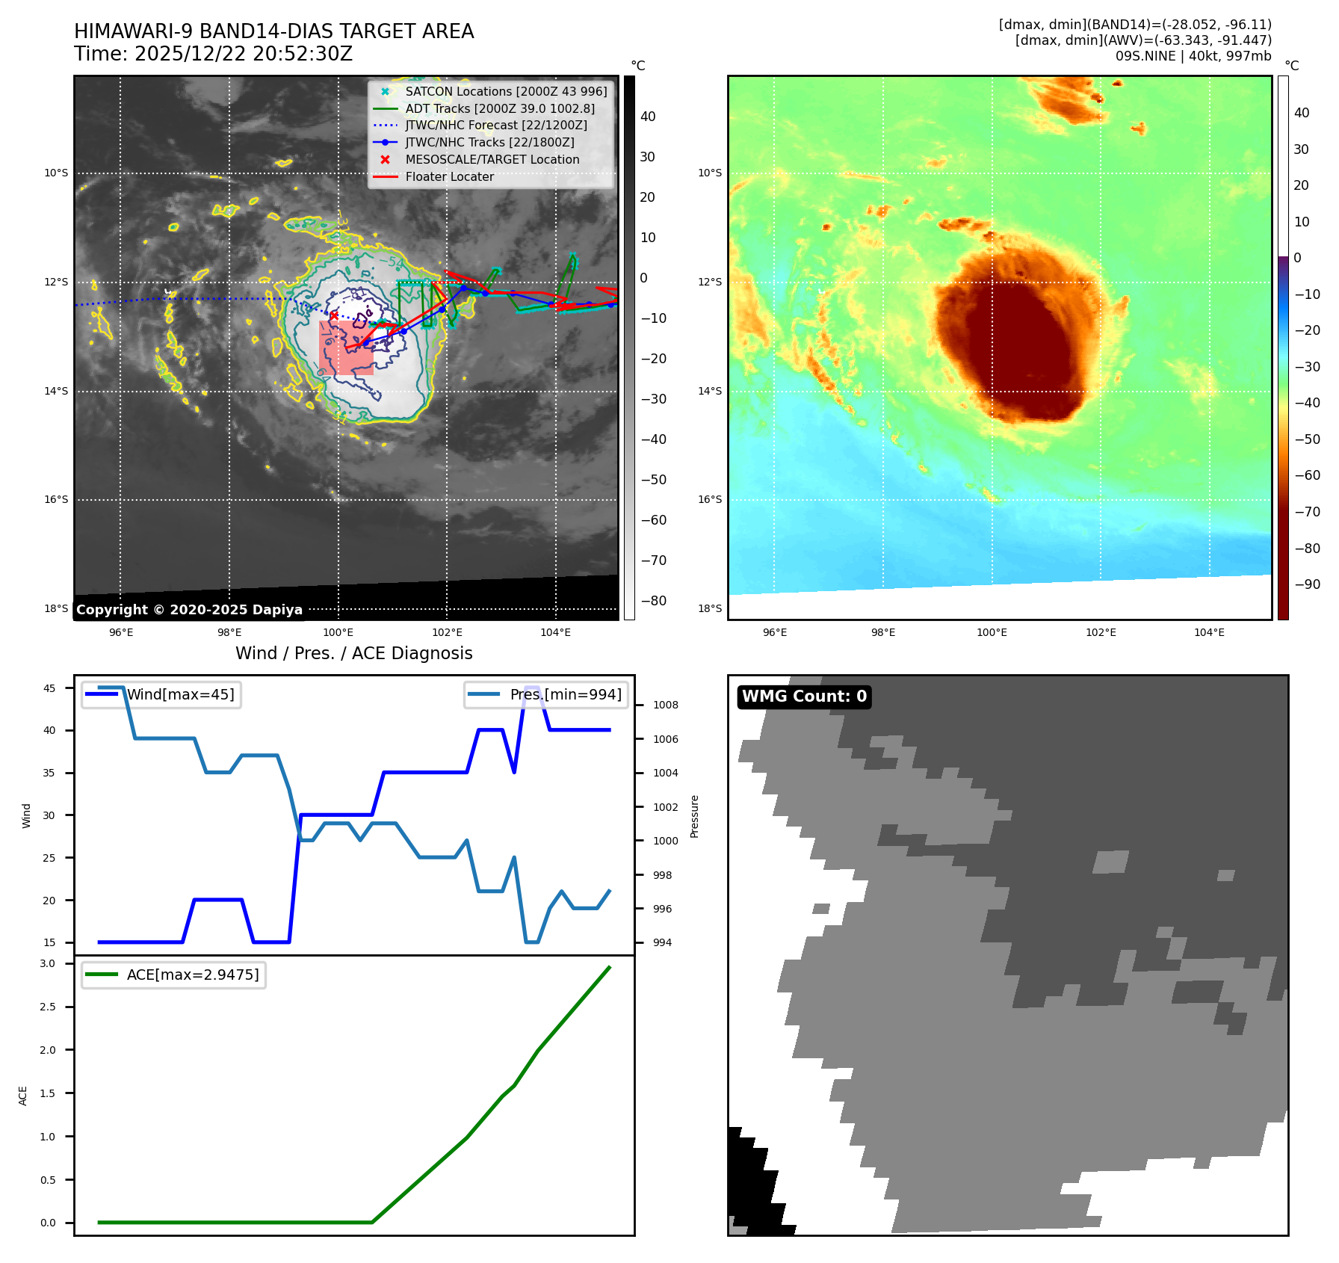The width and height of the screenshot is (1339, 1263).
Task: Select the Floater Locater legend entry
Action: pyautogui.click(x=449, y=176)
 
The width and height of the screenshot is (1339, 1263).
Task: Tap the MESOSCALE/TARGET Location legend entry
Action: pyautogui.click(x=492, y=159)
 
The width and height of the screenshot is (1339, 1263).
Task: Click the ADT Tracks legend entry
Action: pyautogui.click(x=499, y=108)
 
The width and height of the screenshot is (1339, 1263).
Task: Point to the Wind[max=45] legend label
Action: pyautogui.click(x=180, y=694)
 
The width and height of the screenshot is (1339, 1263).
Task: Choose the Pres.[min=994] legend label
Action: pyautogui.click(x=565, y=694)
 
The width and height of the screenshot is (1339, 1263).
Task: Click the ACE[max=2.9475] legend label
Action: pyautogui.click(x=193, y=975)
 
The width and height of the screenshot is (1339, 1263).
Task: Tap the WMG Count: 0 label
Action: pyautogui.click(x=804, y=697)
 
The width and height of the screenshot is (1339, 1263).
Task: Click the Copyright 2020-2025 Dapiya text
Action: pyautogui.click(x=189, y=610)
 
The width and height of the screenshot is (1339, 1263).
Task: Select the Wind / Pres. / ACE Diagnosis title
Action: pyautogui.click(x=353, y=653)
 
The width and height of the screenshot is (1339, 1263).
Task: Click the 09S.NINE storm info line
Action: pyautogui.click(x=1193, y=56)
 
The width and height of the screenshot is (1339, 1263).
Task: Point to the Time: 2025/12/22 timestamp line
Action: pyautogui.click(x=213, y=54)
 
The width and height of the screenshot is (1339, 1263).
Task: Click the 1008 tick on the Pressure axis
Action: pyautogui.click(x=665, y=705)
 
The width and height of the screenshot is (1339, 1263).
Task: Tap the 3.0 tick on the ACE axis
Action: pyautogui.click(x=48, y=963)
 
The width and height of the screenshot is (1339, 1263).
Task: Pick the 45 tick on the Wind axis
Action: pyautogui.click(x=49, y=688)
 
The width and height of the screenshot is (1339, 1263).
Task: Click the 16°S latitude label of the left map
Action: pyautogui.click(x=56, y=500)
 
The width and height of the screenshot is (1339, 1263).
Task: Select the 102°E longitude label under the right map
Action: pyautogui.click(x=1101, y=632)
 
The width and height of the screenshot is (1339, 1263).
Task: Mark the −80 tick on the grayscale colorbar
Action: pyautogui.click(x=653, y=601)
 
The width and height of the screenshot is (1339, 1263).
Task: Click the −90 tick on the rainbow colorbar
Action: pyautogui.click(x=1307, y=584)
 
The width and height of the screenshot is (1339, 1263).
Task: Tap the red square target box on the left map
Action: pyautogui.click(x=345, y=348)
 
